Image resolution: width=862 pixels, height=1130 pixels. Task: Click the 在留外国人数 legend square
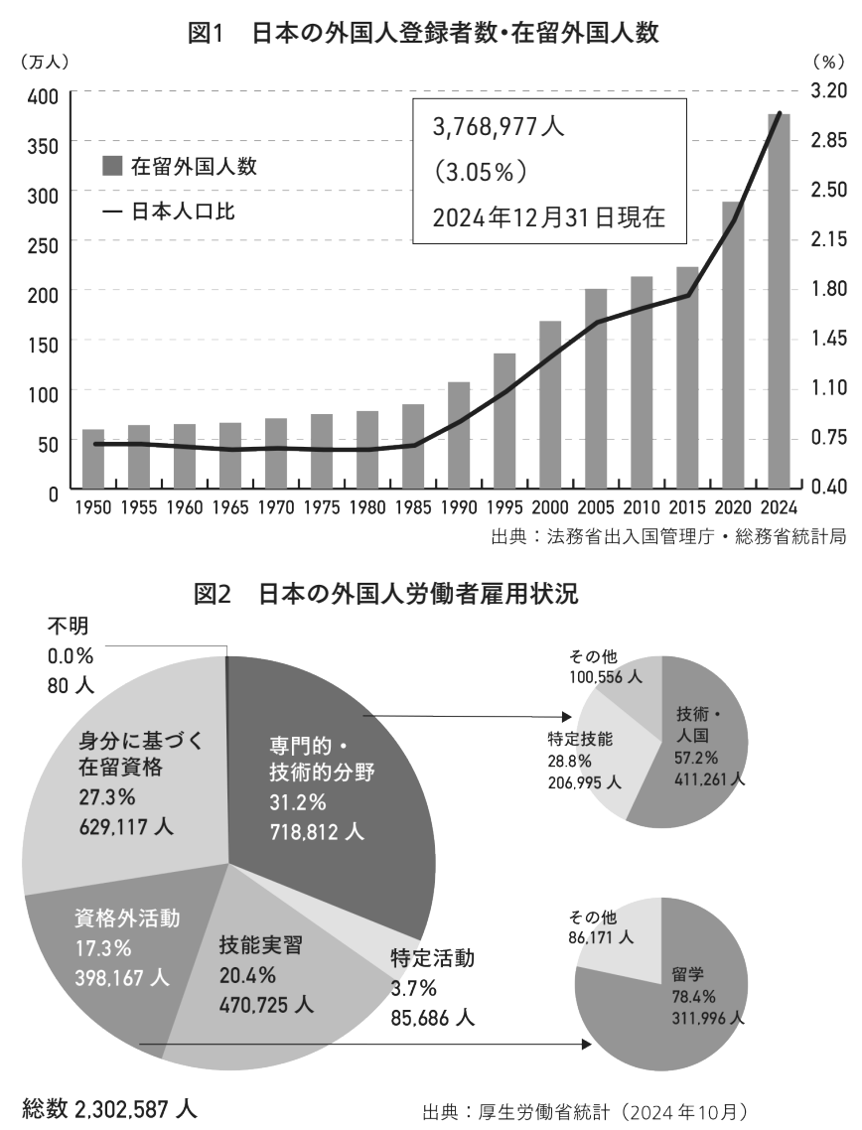point(112,166)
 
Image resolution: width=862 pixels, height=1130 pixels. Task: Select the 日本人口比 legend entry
point(169,212)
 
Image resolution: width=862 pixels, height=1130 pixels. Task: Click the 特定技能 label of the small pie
point(578,740)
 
